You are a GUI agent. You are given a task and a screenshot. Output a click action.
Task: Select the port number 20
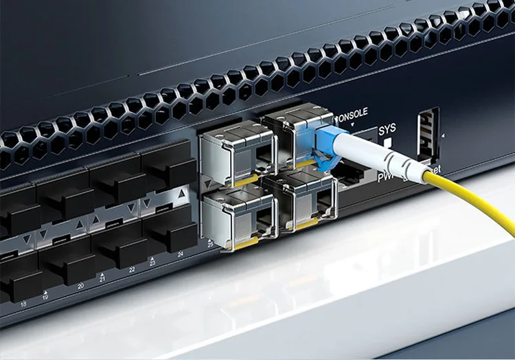[x=81, y=286]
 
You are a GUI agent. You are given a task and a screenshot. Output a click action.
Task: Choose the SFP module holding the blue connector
[x=299, y=137]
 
